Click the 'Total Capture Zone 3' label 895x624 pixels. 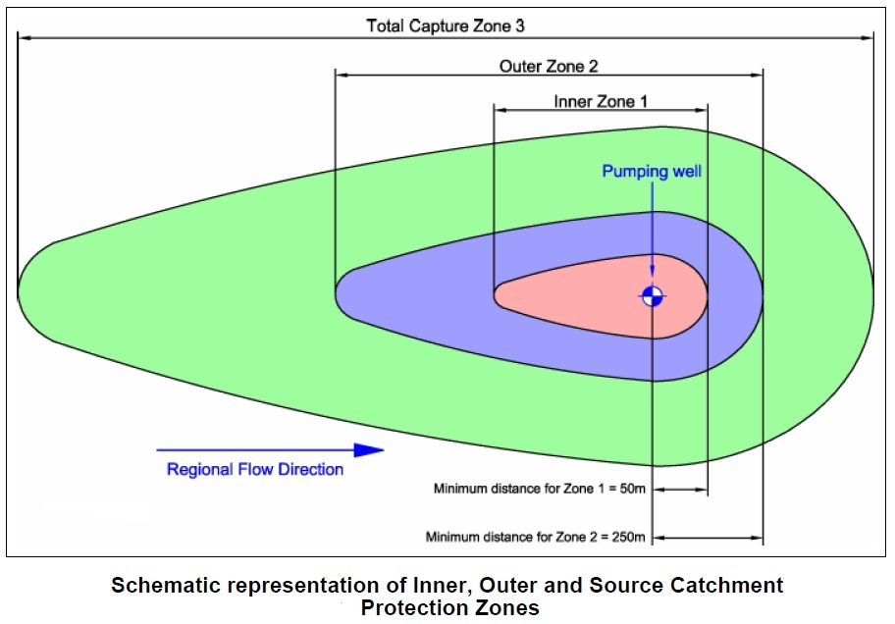[446, 26]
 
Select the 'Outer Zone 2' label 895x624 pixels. [549, 66]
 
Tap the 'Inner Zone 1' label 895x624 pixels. [601, 101]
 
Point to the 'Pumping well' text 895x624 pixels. [652, 172]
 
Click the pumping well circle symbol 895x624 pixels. [653, 295]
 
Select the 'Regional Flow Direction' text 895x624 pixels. [255, 469]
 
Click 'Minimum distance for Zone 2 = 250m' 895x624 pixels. [536, 537]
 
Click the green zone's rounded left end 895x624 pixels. [22, 292]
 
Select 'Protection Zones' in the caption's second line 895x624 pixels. [450, 608]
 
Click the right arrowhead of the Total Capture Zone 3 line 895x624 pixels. [869, 38]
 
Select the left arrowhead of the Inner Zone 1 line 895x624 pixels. [499, 109]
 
